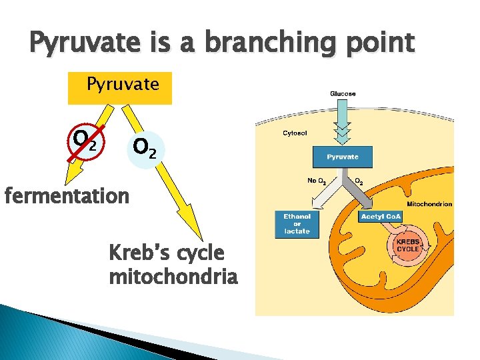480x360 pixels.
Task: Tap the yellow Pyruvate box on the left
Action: pos(120,88)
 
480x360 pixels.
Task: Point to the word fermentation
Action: pos(66,197)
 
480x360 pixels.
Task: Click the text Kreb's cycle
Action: pos(166,253)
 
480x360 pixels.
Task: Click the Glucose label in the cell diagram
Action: pos(343,94)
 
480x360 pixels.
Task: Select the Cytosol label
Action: pos(295,133)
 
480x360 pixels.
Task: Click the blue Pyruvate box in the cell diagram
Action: pos(343,157)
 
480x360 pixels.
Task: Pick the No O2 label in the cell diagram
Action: pos(316,181)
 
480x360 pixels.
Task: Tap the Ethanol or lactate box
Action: pos(297,223)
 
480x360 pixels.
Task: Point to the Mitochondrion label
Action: pos(429,204)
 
